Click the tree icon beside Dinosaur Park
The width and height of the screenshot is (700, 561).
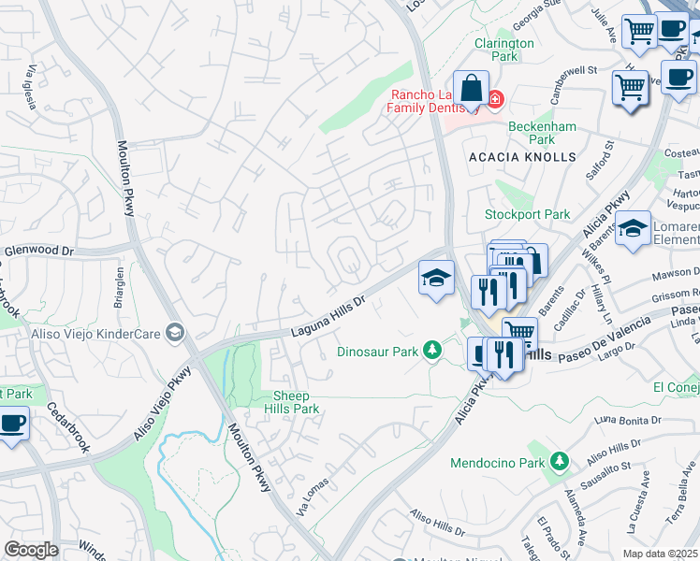(x=431, y=351)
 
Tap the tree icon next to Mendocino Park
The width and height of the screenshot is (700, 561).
(x=559, y=462)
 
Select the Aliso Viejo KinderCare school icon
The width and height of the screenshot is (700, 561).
(x=173, y=332)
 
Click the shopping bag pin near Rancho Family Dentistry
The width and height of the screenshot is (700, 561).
(x=473, y=90)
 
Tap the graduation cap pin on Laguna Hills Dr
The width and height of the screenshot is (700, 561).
(x=435, y=278)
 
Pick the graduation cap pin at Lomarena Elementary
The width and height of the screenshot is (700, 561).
(x=633, y=229)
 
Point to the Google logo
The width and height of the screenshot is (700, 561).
(x=30, y=549)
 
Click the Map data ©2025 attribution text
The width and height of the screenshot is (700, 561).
(x=660, y=554)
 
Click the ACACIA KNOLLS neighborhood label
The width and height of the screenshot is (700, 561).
(x=522, y=157)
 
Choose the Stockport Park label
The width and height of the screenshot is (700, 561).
(x=527, y=214)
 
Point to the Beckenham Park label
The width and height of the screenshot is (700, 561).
(x=531, y=133)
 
